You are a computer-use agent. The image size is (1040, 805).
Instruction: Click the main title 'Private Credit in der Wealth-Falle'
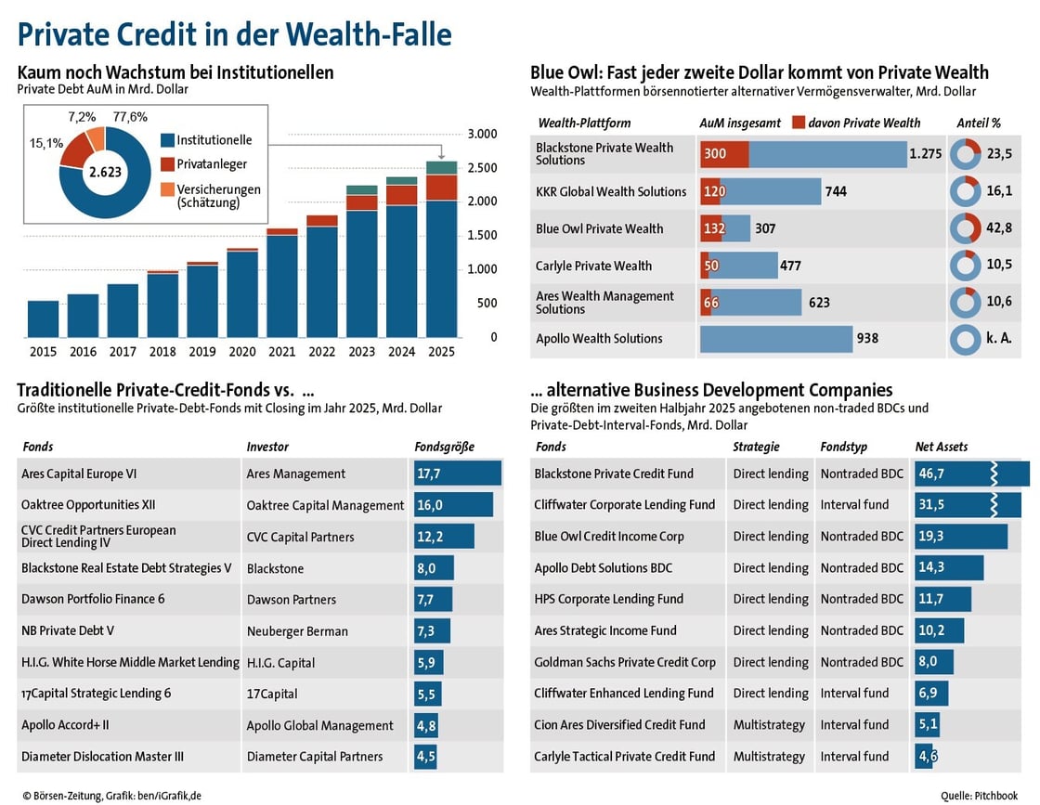pyautogui.click(x=234, y=34)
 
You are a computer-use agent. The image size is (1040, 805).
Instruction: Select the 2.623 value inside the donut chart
pyautogui.click(x=105, y=172)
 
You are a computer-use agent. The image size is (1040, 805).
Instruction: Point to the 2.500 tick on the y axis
pyautogui.click(x=481, y=168)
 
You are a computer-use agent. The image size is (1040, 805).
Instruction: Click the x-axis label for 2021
pyautogui.click(x=282, y=352)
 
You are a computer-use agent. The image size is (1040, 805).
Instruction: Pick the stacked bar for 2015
pyautogui.click(x=43, y=318)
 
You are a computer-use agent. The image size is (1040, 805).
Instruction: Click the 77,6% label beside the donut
pyautogui.click(x=130, y=117)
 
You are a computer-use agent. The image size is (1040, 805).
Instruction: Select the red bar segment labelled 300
pyautogui.click(x=723, y=154)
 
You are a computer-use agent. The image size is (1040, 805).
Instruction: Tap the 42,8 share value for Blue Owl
pyautogui.click(x=999, y=228)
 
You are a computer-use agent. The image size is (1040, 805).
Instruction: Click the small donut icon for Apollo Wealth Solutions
pyautogui.click(x=966, y=339)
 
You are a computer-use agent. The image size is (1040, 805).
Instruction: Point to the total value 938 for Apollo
pyautogui.click(x=867, y=339)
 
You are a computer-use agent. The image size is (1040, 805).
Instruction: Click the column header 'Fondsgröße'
pyautogui.click(x=444, y=447)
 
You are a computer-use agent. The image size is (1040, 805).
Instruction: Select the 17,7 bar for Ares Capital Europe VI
pyautogui.click(x=457, y=474)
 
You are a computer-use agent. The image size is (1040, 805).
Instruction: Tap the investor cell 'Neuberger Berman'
pyautogui.click(x=297, y=631)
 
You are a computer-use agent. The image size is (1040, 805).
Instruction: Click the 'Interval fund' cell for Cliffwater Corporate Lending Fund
pyautogui.click(x=854, y=505)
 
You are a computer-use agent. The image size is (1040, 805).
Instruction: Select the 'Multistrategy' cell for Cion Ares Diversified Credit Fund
pyautogui.click(x=769, y=725)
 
